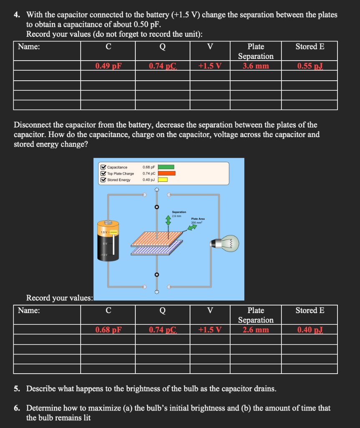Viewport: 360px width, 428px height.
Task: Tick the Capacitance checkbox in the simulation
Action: tap(103, 167)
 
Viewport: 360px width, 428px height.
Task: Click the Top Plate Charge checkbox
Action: tap(103, 173)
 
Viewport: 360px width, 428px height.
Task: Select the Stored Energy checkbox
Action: tap(103, 180)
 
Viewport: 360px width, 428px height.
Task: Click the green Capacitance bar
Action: tap(166, 167)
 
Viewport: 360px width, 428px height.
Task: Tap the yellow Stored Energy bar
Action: tap(162, 180)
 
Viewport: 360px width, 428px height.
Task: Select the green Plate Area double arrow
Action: tap(192, 227)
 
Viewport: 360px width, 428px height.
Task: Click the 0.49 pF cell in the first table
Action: tap(108, 66)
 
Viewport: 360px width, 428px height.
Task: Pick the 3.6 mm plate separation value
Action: tap(256, 66)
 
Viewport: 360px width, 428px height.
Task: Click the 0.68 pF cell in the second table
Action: tap(108, 329)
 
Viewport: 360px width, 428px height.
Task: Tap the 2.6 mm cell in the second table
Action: tap(256, 329)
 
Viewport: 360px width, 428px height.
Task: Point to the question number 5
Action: tap(16, 389)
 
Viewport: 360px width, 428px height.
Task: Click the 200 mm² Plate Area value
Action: tap(197, 222)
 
